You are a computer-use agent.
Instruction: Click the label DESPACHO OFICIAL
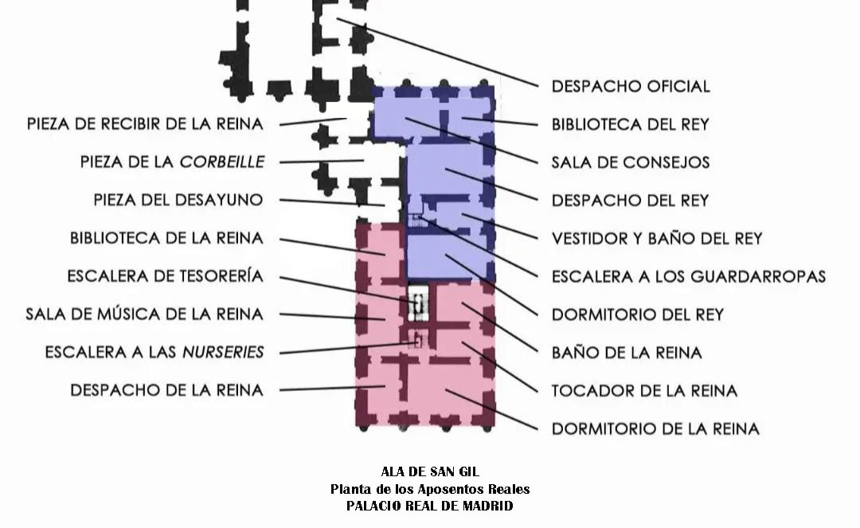tap(630, 86)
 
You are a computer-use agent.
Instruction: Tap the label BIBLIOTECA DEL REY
tap(630, 124)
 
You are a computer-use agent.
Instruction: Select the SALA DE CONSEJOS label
tap(630, 162)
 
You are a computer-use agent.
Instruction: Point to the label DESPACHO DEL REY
tap(630, 200)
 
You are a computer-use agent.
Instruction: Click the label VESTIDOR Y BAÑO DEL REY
tap(657, 238)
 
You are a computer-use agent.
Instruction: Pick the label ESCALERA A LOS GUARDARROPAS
tap(688, 276)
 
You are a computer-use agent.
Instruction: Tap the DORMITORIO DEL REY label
tap(637, 315)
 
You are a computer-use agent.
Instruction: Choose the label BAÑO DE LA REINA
tap(627, 352)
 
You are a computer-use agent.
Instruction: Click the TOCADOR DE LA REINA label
tap(644, 390)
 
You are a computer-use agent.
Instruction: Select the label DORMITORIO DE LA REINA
tap(655, 428)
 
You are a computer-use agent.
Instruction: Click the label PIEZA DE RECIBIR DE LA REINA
tap(145, 124)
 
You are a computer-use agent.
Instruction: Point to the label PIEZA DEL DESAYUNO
tap(178, 200)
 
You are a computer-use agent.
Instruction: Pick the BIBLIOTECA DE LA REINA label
tap(166, 238)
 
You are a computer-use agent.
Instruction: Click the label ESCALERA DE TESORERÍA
tap(165, 276)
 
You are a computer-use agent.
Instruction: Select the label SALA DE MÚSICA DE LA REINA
tap(144, 315)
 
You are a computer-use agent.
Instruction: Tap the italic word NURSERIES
tap(223, 352)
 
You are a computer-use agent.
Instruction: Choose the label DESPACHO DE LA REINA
tap(166, 390)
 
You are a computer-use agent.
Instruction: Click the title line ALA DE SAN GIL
tap(430, 471)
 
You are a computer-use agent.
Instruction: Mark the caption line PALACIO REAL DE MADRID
tap(430, 506)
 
